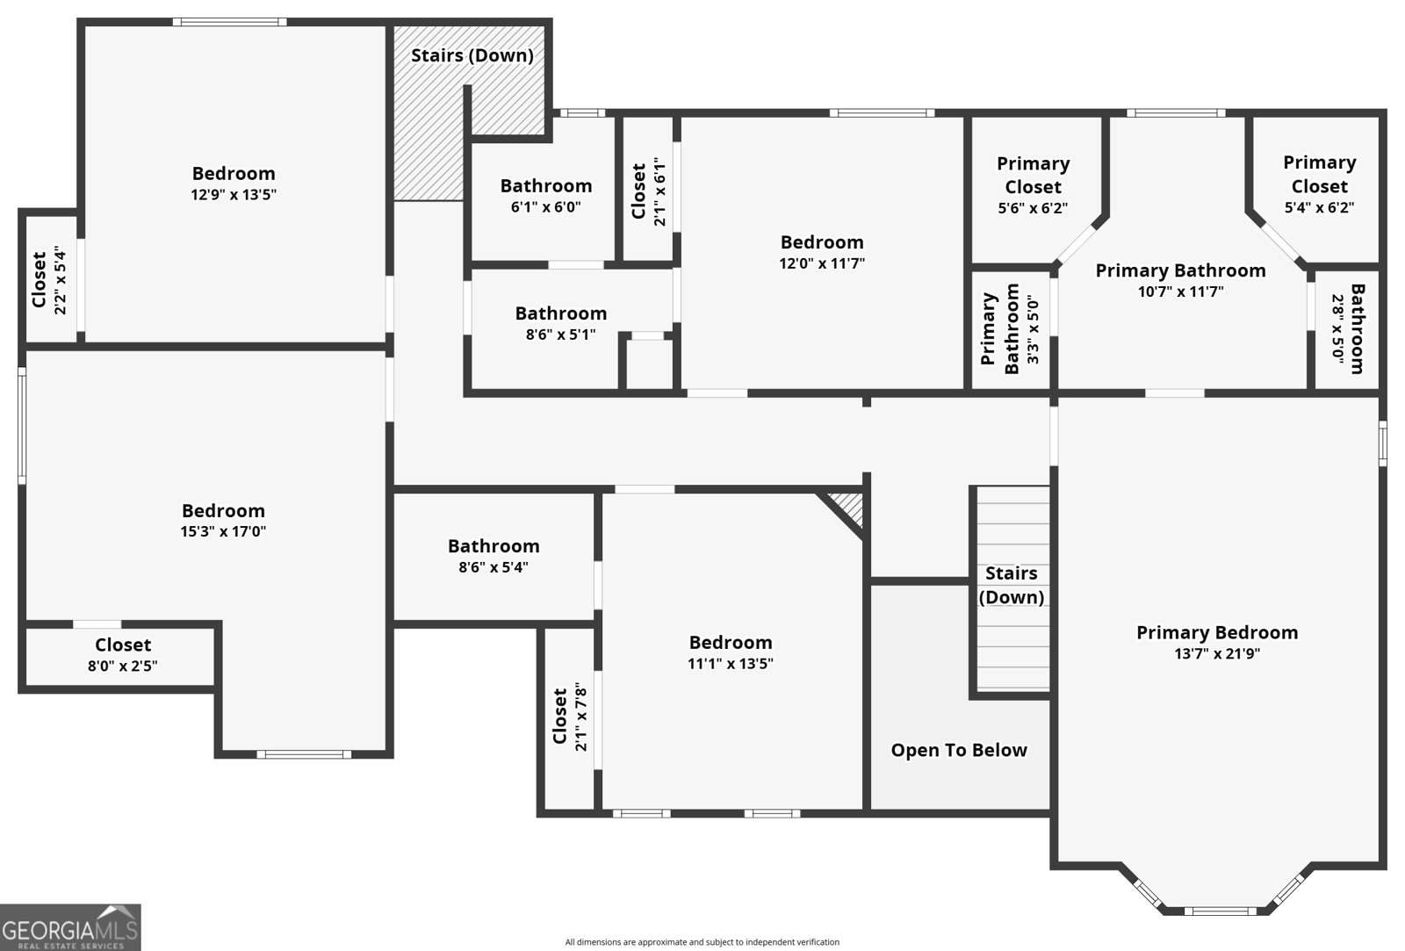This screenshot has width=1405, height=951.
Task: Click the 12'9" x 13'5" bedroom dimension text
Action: [234, 194]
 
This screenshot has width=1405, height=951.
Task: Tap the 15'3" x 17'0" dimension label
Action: [223, 531]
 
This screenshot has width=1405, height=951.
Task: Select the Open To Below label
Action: [959, 750]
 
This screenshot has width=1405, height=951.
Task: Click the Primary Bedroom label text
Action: [1217, 632]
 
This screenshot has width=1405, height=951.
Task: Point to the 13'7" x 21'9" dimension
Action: [1217, 653]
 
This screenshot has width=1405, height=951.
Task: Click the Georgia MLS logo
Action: [70, 927]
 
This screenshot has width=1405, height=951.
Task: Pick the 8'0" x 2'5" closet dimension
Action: [122, 666]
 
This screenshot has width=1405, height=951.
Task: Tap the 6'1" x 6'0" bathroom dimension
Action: [545, 207]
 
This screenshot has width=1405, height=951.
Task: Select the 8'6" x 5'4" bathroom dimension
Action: [494, 567]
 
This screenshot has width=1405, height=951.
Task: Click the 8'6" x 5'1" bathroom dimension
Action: [561, 335]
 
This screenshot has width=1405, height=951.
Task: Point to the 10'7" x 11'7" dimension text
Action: [1180, 292]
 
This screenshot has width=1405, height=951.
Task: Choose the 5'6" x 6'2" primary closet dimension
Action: [1033, 208]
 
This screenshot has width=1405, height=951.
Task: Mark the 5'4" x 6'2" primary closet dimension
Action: [1319, 207]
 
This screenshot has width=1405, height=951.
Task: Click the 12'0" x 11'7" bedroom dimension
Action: [822, 263]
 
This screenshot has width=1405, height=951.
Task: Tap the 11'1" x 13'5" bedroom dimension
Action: [731, 664]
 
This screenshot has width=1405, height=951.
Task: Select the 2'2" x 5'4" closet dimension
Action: [61, 280]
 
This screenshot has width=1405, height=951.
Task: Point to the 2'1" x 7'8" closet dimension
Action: [580, 717]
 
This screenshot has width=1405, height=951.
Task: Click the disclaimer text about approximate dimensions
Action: [702, 942]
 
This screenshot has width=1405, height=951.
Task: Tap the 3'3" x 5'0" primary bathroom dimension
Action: [1033, 330]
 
